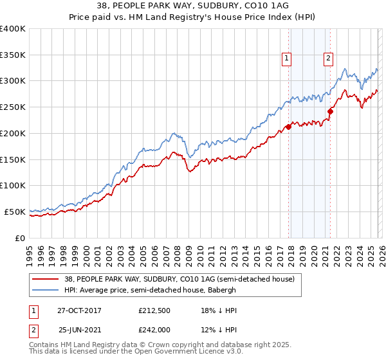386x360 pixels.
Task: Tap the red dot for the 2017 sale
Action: click(288, 127)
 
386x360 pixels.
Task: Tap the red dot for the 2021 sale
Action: click(330, 111)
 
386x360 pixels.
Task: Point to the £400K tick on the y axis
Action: click(13, 29)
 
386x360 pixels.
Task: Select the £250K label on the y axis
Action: click(13, 107)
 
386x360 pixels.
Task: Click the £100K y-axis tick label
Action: click(13, 185)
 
